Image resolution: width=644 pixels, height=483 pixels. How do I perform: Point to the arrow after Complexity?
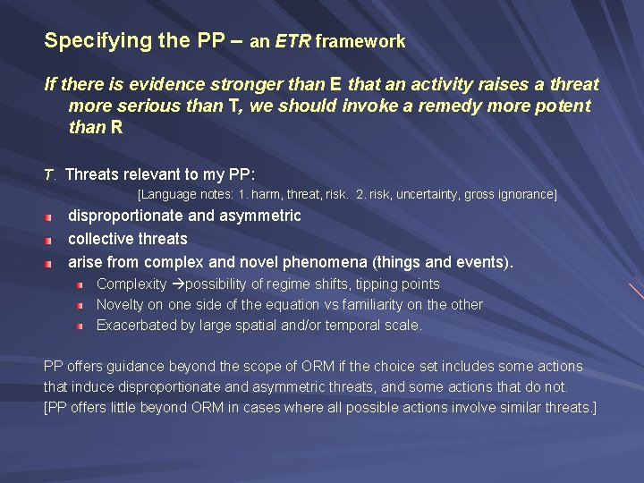click(x=177, y=284)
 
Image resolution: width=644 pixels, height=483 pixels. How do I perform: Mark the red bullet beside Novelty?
click(x=80, y=305)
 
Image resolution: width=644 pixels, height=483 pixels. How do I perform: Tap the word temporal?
click(x=344, y=326)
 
